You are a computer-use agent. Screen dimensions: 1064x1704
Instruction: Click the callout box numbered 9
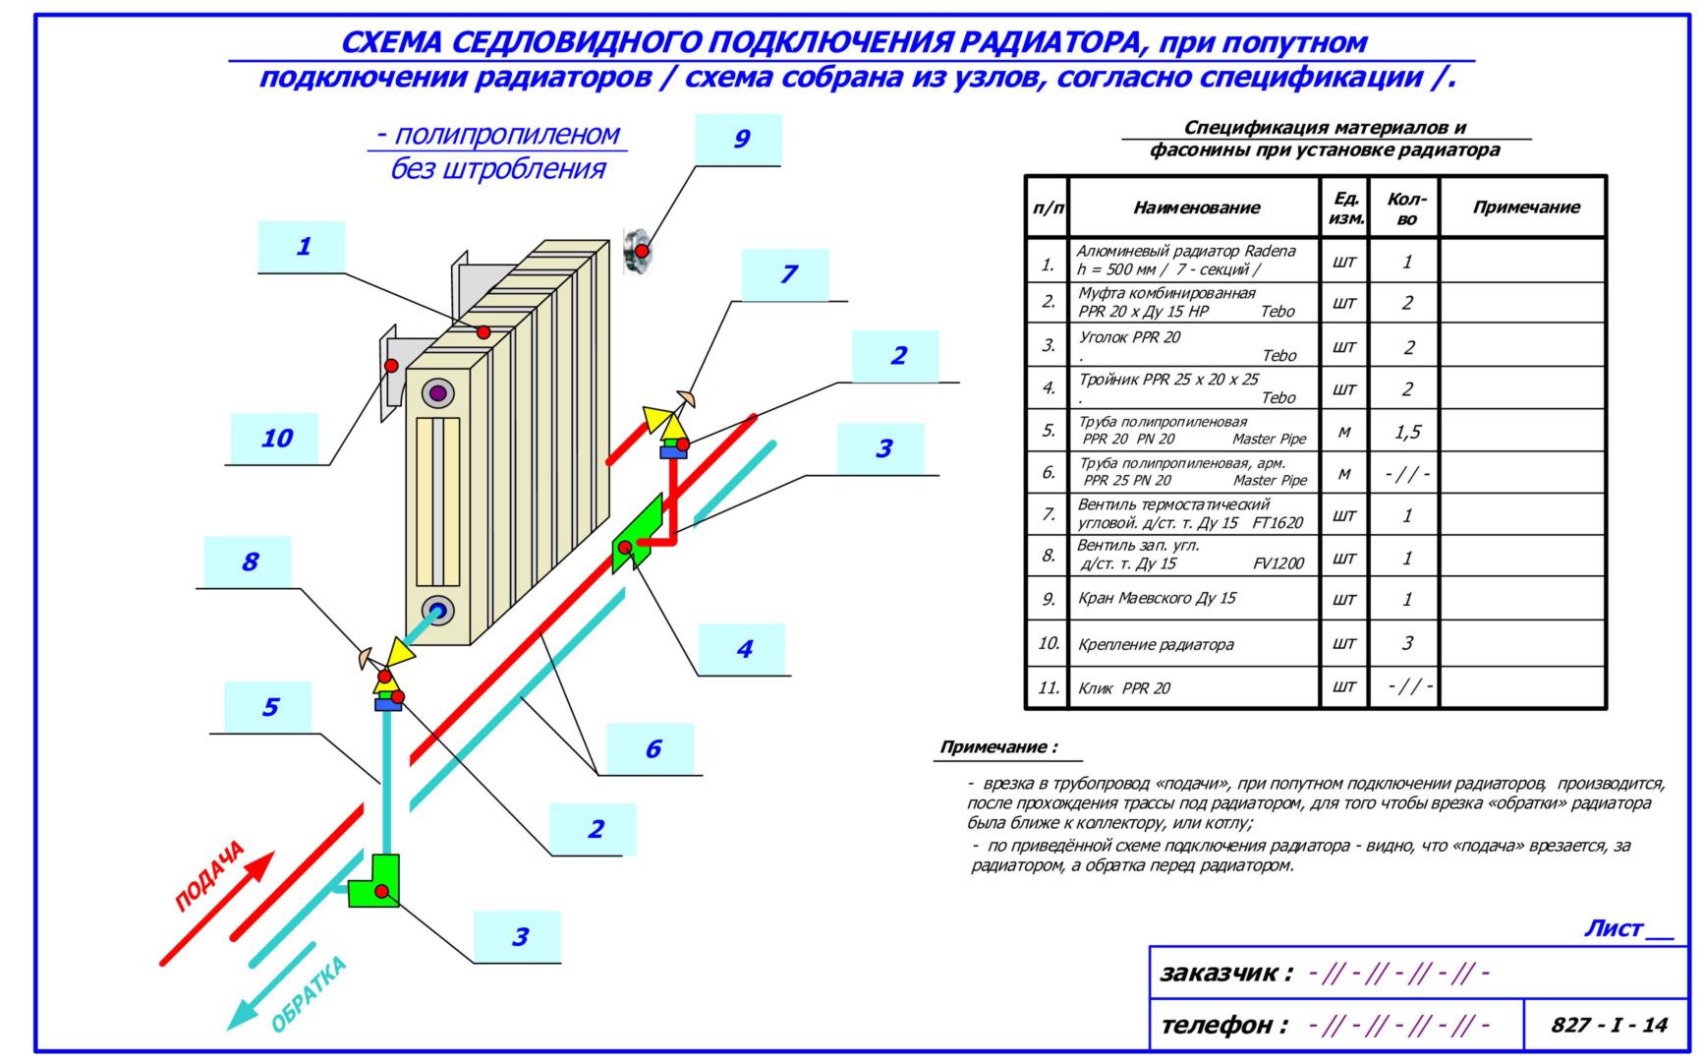(738, 139)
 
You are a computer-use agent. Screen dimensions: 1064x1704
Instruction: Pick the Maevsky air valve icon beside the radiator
(639, 250)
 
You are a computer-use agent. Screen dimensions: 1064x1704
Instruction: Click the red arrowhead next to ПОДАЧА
(258, 869)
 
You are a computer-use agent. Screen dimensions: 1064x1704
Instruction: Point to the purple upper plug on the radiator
(438, 393)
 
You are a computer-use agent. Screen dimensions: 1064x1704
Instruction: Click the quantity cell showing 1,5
(1406, 431)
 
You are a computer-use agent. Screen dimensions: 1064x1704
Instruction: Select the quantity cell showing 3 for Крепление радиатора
(1406, 643)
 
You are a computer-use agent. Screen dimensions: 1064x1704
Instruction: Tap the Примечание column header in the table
(1524, 207)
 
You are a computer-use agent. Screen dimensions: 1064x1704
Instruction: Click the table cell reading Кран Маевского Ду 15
(1157, 598)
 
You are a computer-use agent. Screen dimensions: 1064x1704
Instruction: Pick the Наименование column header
(1195, 207)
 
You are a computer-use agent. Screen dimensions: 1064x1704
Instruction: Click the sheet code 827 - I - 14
(1608, 1025)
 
